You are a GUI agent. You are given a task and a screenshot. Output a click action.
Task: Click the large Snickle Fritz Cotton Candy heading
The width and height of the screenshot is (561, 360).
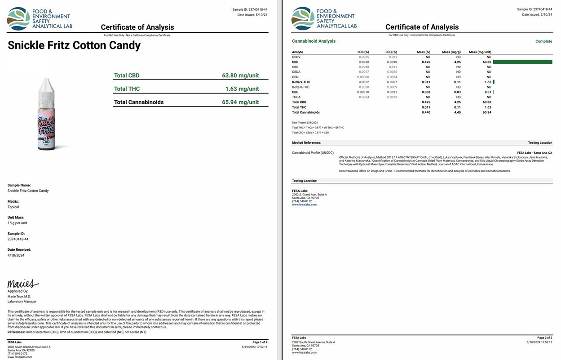click(x=74, y=45)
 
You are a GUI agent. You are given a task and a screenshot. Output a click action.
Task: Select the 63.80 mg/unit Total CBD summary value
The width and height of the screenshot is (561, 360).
click(x=240, y=76)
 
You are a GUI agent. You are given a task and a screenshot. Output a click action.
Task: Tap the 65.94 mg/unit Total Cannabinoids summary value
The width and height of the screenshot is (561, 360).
click(x=240, y=102)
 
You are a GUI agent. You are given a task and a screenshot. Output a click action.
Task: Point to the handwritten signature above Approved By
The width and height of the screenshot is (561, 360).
click(x=22, y=284)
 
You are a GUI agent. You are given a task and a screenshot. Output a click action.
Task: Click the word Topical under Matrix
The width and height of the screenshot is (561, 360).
click(x=13, y=207)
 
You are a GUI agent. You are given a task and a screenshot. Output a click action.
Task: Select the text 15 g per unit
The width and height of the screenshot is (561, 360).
click(x=18, y=223)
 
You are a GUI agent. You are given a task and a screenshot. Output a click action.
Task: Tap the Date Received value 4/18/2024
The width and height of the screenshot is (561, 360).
click(x=16, y=255)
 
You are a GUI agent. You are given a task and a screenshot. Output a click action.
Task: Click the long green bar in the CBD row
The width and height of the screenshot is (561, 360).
click(x=522, y=62)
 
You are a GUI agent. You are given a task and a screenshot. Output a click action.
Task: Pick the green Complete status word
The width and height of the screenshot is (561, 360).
click(x=543, y=41)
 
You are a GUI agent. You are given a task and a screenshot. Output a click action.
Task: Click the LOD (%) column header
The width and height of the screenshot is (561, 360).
click(x=363, y=52)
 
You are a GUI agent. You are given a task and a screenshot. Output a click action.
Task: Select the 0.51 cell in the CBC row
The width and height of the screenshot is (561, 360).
click(x=487, y=92)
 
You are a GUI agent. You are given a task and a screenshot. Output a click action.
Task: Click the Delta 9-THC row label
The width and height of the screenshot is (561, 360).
click(x=301, y=82)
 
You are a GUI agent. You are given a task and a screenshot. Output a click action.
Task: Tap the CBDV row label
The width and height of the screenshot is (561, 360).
click(x=296, y=57)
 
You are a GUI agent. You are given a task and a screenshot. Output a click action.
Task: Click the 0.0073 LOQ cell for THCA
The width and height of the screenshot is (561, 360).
click(x=392, y=97)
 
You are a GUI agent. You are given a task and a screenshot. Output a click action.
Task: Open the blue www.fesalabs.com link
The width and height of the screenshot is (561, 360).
click(x=304, y=204)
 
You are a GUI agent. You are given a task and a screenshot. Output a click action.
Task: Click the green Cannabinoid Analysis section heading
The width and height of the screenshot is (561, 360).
click(x=314, y=41)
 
